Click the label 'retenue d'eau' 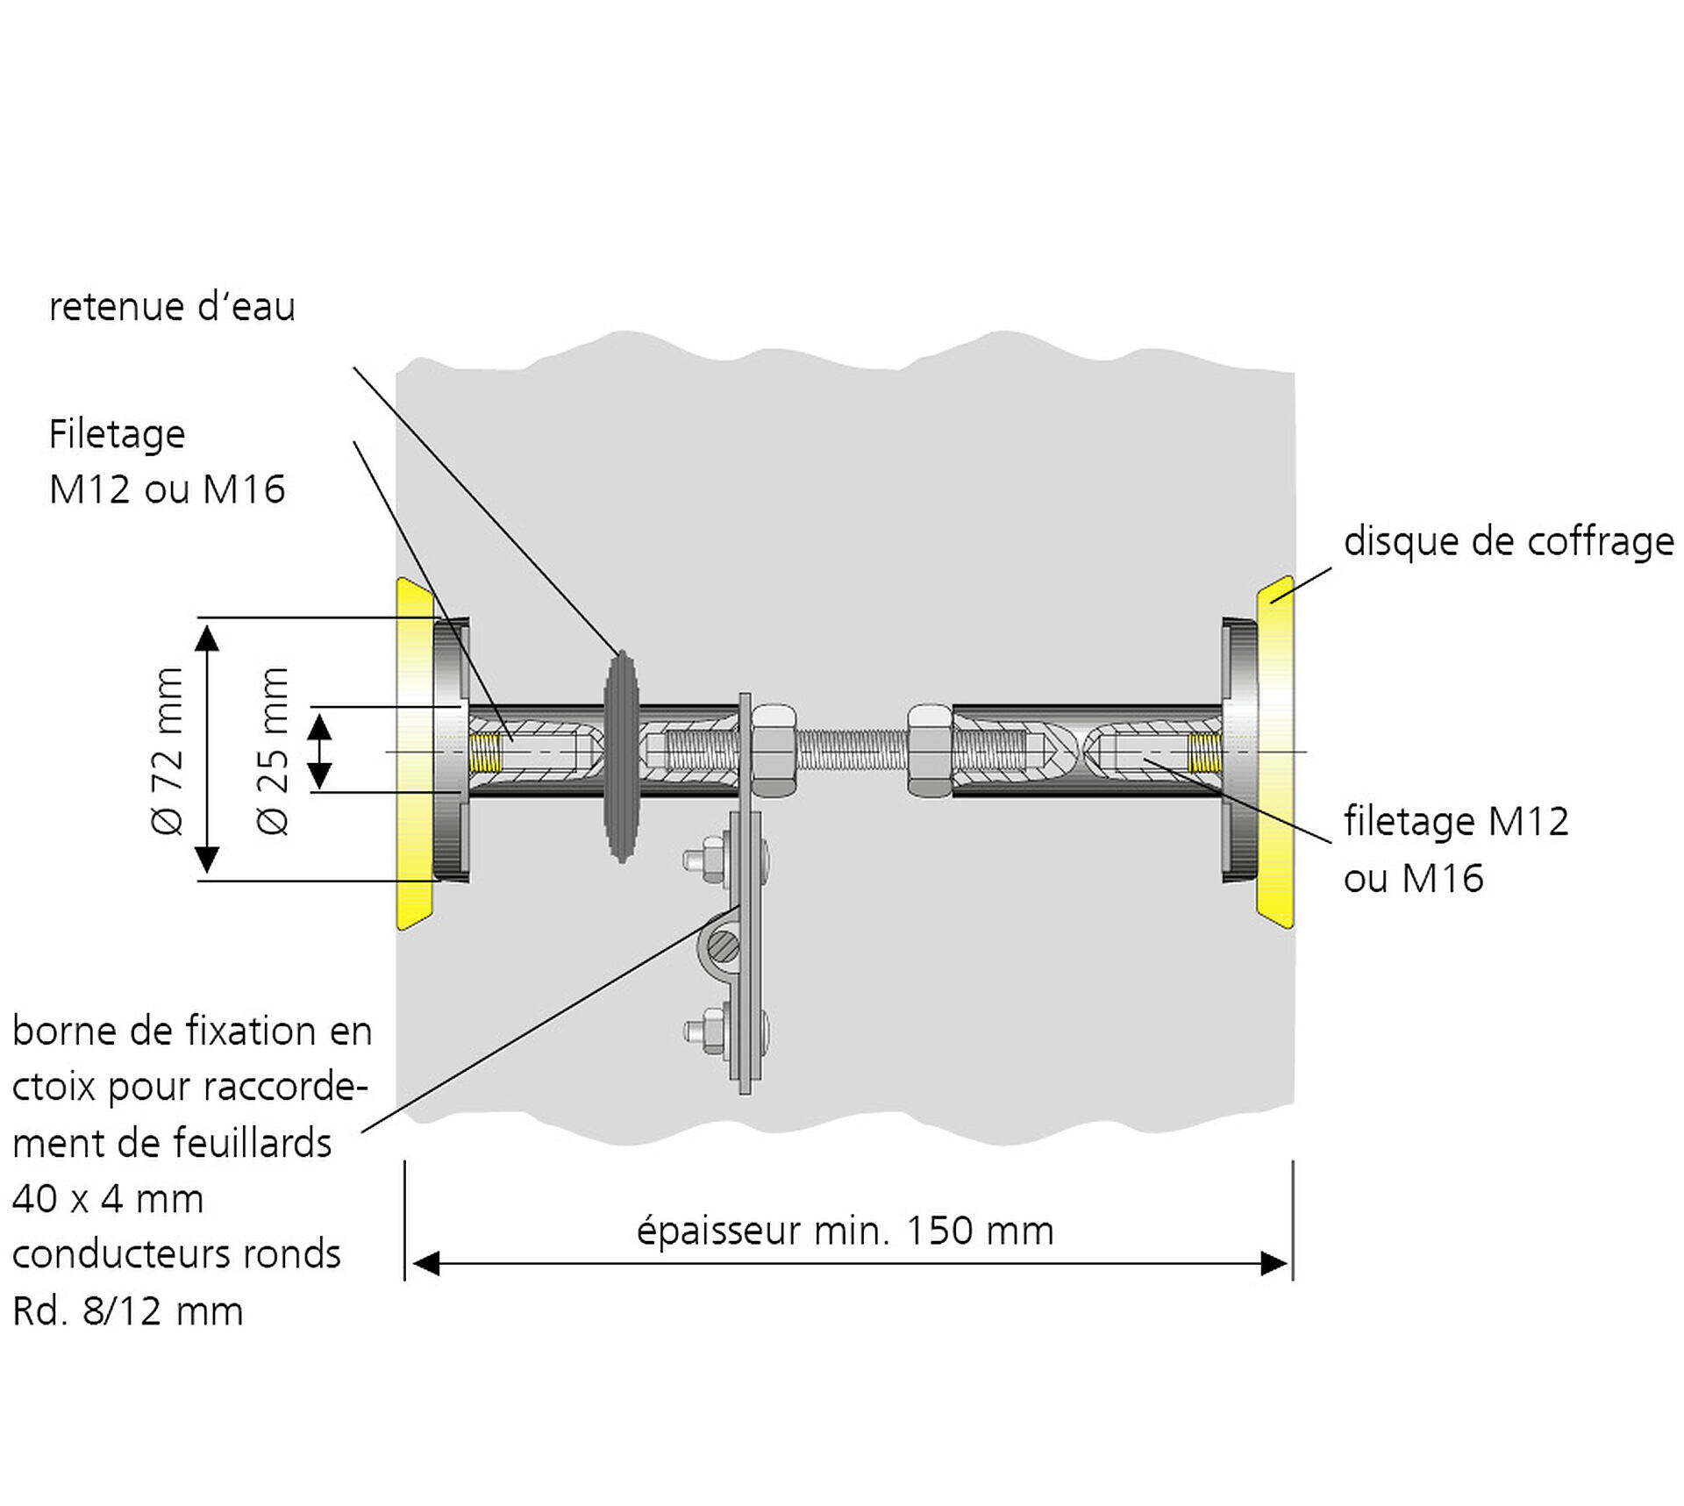pyautogui.click(x=172, y=307)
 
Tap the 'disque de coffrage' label pyautogui.click(x=1508, y=541)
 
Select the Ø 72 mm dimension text pyautogui.click(x=167, y=751)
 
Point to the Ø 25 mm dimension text pyautogui.click(x=273, y=751)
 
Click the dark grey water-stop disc pyautogui.click(x=621, y=756)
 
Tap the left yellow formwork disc pyautogui.click(x=414, y=753)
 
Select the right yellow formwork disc pyautogui.click(x=1276, y=753)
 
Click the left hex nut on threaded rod pyautogui.click(x=774, y=751)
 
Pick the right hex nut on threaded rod pyautogui.click(x=929, y=751)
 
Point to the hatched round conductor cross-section pyautogui.click(x=724, y=946)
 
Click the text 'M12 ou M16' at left pyautogui.click(x=167, y=489)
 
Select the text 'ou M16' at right pyautogui.click(x=1413, y=878)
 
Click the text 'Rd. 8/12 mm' pyautogui.click(x=128, y=1311)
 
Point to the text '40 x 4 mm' pyautogui.click(x=108, y=1198)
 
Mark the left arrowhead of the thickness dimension pyautogui.click(x=425, y=1264)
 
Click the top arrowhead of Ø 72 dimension pyautogui.click(x=207, y=638)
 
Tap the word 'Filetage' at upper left pyautogui.click(x=117, y=434)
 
